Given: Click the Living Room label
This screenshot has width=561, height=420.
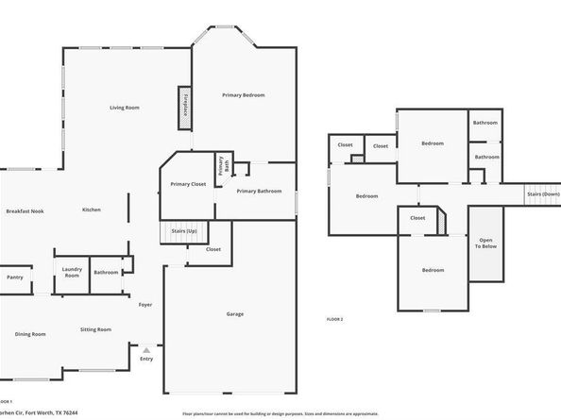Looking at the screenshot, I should pos(124,108).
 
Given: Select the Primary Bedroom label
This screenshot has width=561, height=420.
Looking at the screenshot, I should pos(244,95).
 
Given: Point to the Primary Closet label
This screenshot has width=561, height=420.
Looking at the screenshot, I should pos(187,184).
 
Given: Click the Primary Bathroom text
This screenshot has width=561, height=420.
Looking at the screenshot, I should pos(259,192).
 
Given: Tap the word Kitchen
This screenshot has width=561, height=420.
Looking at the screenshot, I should pos(92,210).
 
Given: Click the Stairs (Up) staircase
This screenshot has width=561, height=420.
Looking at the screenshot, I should pos(184,231).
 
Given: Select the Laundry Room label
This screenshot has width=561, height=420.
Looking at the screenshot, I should pos(71,273).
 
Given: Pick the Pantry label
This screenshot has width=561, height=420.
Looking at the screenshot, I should pos(14,277).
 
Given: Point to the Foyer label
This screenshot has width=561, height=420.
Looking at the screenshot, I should pos(145,305).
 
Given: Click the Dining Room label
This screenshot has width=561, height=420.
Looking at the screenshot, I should pos(30,333).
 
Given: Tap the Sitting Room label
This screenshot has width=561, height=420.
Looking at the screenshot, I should pos(95,329).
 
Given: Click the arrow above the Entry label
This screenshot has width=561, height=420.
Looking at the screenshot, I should pos(145,348).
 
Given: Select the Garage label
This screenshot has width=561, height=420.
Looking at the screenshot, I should pos(235,313).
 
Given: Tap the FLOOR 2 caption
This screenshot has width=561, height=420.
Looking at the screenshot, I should pos(334,319).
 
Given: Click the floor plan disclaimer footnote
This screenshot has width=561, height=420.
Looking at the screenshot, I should pos(280,412).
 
